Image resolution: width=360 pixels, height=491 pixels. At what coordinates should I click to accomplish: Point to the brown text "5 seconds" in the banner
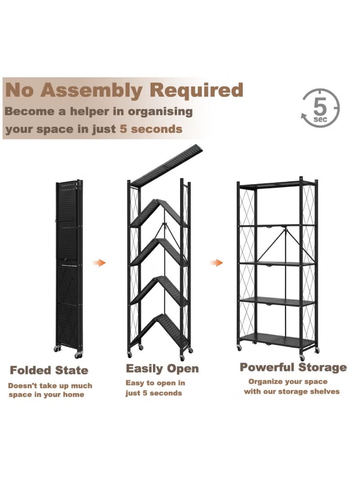pyautogui.click(x=151, y=129)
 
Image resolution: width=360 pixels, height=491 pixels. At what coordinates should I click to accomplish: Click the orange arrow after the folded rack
pyautogui.click(x=100, y=262)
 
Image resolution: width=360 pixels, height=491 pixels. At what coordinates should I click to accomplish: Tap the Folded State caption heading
pyautogui.click(x=49, y=370)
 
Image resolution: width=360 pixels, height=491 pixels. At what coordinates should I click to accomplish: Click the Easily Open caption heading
pyautogui.click(x=162, y=369)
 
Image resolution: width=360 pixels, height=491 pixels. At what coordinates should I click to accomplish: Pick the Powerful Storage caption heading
pyautogui.click(x=293, y=367)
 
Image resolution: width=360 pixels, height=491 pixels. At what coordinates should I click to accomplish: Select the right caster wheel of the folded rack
pyautogui.click(x=78, y=355)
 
